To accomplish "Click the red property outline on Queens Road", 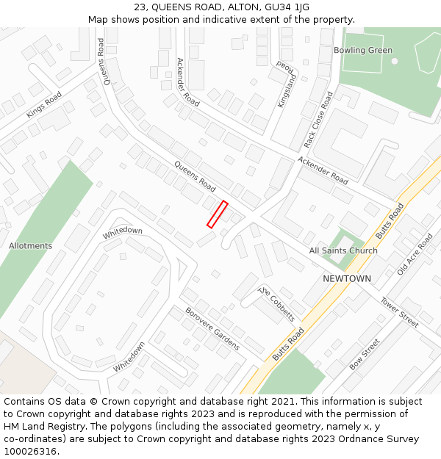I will click(x=218, y=214).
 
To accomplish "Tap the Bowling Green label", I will click(x=363, y=51).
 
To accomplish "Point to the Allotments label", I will click(x=31, y=246).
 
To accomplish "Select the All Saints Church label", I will click(x=343, y=251).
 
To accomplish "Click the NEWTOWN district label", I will click(x=347, y=279).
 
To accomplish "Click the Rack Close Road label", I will click(x=318, y=119).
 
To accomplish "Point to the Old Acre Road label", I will click(x=415, y=254).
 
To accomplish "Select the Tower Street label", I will click(x=399, y=311).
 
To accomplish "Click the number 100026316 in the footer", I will click(x=29, y=452).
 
